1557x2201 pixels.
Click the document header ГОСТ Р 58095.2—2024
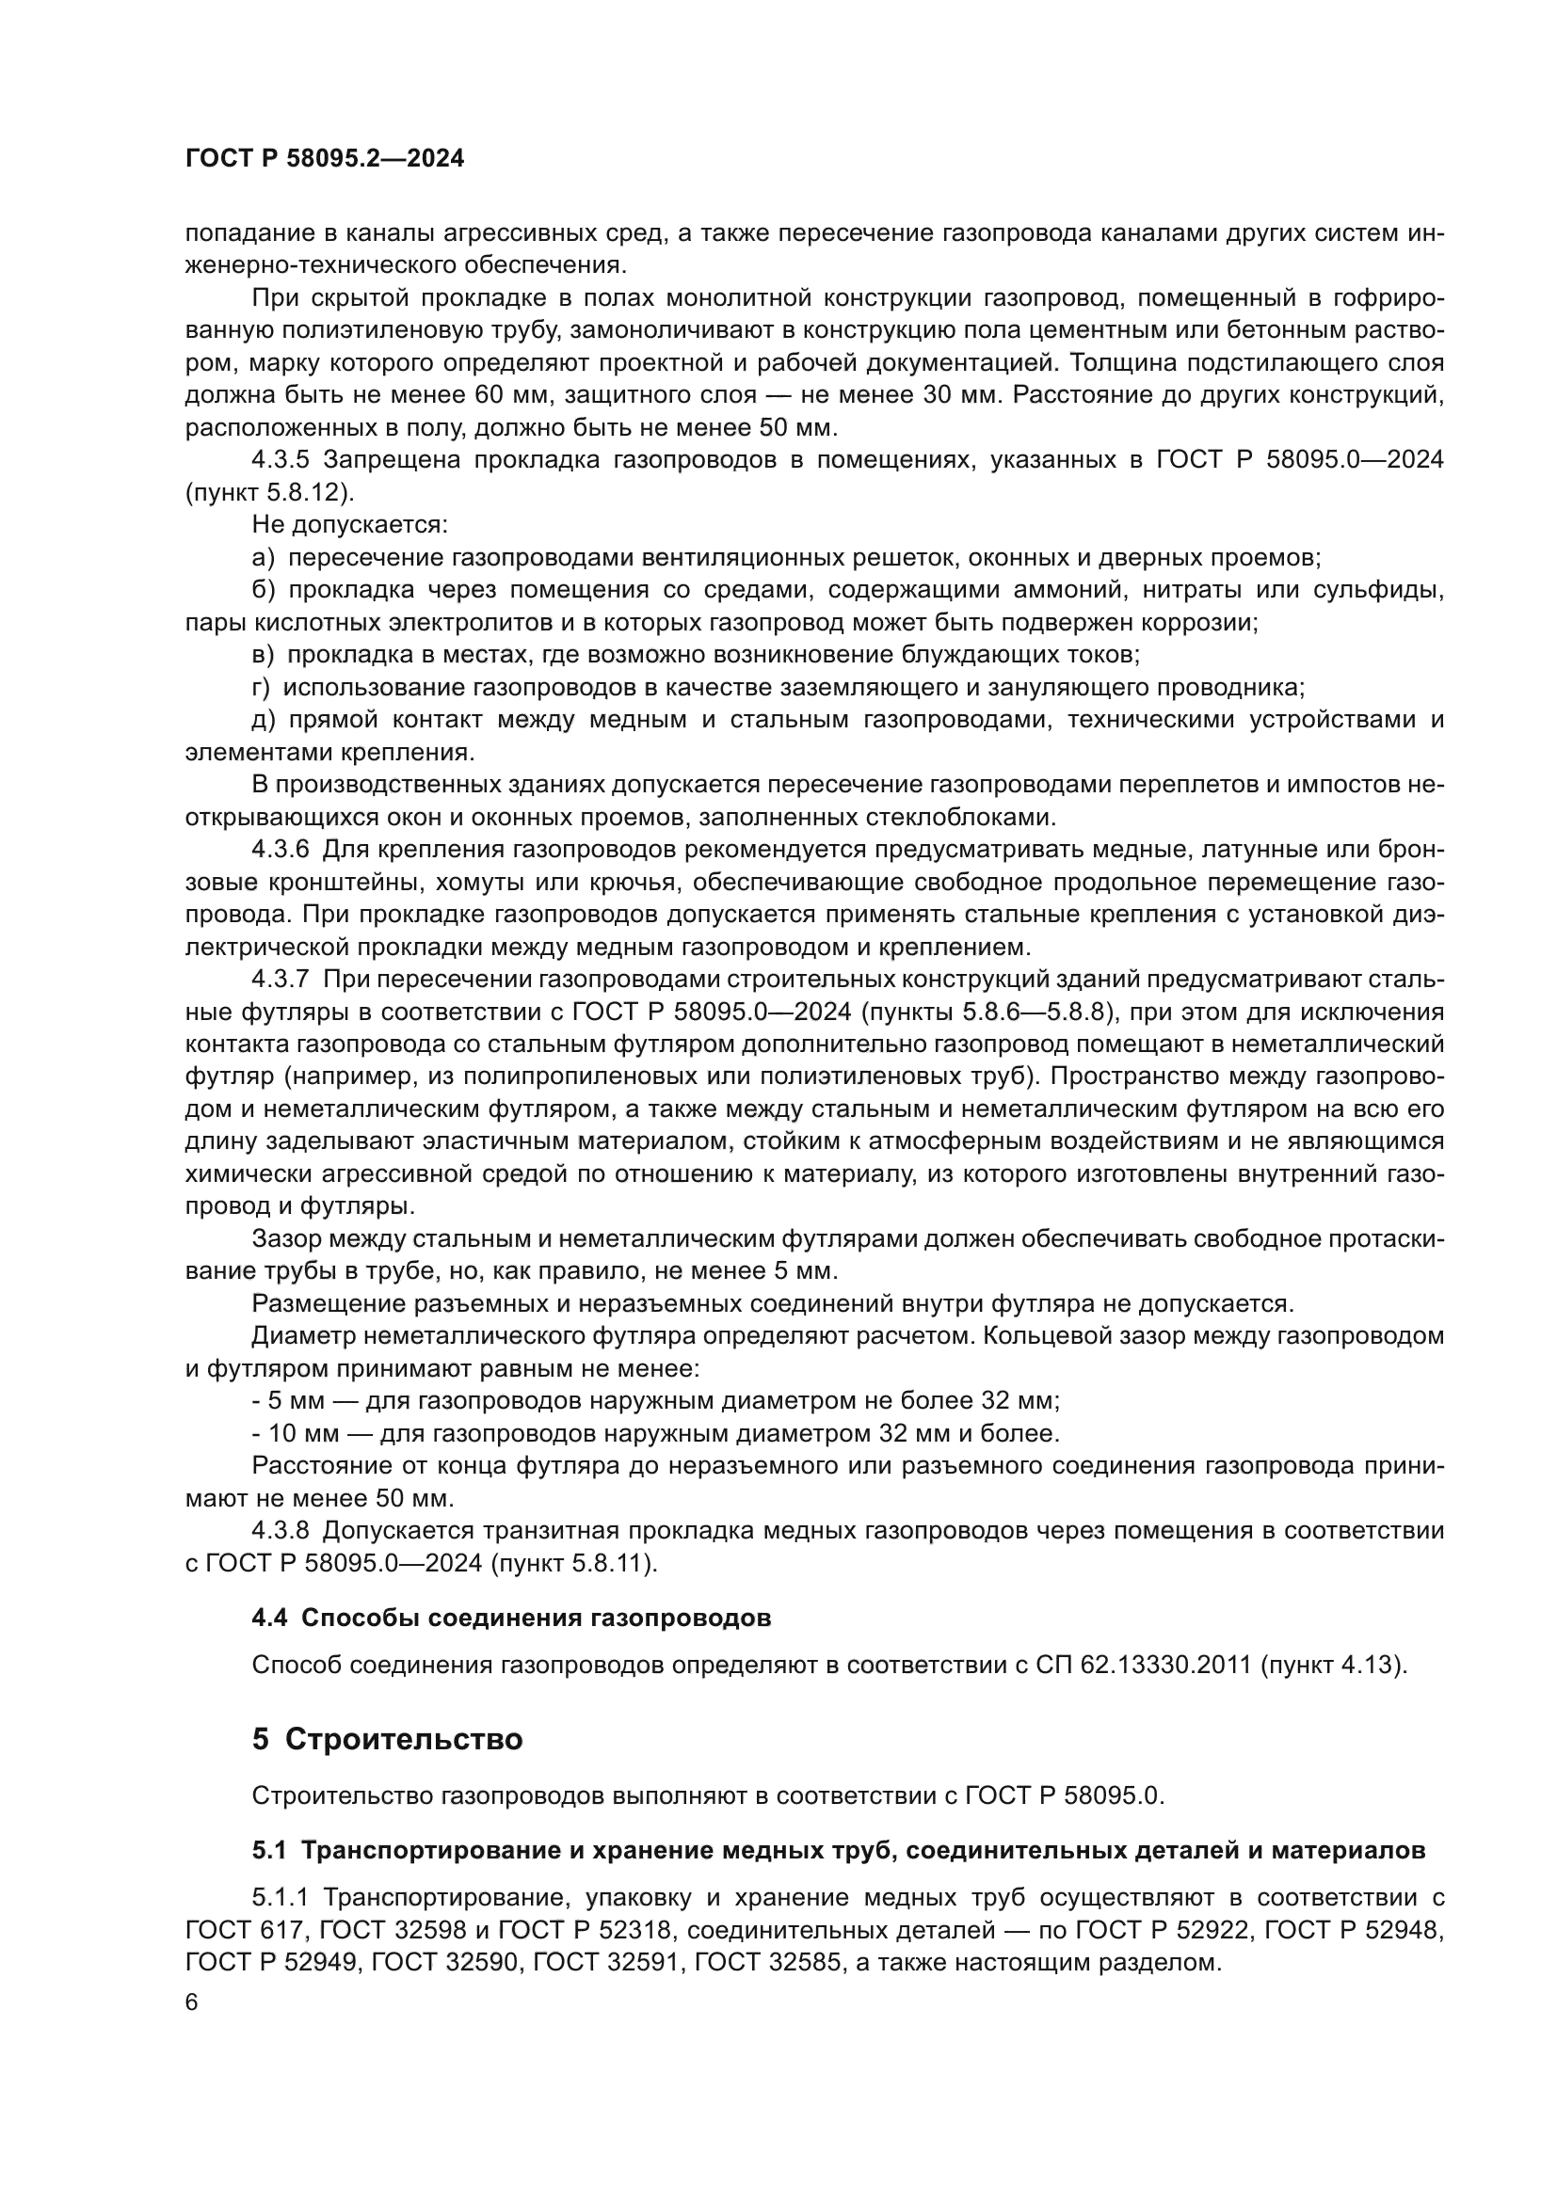coord(324,159)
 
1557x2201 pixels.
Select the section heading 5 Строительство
coord(387,1739)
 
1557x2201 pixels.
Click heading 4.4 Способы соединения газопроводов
coord(511,1619)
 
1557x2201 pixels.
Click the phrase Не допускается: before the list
coord(350,525)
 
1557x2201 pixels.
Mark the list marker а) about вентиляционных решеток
coord(264,558)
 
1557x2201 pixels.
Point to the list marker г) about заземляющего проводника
coord(262,687)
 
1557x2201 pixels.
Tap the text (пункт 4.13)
coord(1334,1665)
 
